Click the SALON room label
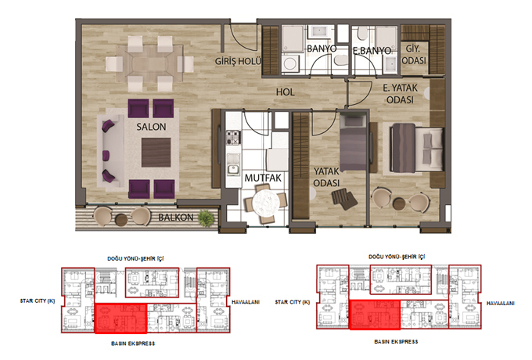click(151, 127)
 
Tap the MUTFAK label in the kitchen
click(263, 178)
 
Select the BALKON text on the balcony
click(176, 217)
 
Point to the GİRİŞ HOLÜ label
click(238, 61)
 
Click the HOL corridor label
click(285, 92)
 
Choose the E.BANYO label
click(372, 51)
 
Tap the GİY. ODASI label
click(414, 55)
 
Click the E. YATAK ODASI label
click(400, 94)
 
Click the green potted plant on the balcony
click(206, 218)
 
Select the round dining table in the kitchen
click(266, 203)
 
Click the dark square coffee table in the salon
click(156, 153)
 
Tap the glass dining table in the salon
click(149, 63)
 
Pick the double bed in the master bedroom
click(417, 148)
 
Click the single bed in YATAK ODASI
click(353, 143)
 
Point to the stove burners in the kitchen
click(233, 138)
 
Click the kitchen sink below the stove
click(233, 169)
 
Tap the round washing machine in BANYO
click(290, 63)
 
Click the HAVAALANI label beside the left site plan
click(246, 301)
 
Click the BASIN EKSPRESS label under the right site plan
click(396, 341)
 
